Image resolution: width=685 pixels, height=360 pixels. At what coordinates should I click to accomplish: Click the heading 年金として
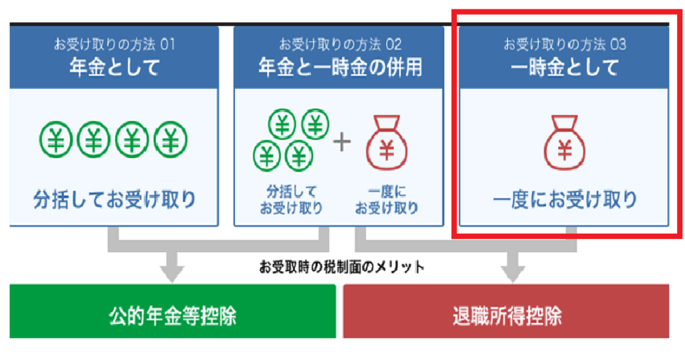[114, 68]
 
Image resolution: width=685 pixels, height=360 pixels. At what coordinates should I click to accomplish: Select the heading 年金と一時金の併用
[340, 68]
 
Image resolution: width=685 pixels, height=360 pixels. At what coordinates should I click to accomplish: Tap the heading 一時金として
[565, 68]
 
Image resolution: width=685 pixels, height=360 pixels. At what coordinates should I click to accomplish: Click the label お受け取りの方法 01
[114, 45]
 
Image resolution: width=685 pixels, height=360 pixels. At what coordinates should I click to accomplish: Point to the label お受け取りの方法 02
[340, 45]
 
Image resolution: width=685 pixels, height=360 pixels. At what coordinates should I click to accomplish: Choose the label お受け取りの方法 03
[565, 45]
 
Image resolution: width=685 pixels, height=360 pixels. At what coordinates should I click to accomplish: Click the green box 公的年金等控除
[173, 315]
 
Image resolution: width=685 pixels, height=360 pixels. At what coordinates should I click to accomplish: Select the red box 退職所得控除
[506, 315]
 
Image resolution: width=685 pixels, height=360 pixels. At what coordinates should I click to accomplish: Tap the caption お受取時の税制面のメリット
[341, 267]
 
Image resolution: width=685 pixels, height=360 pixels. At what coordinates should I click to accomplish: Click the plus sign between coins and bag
[342, 142]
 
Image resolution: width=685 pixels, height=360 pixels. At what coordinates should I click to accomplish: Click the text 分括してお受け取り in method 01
[114, 199]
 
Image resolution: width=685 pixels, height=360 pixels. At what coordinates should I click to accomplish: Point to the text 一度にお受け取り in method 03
[565, 199]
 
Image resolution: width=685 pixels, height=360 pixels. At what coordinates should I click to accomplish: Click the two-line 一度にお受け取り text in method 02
[387, 199]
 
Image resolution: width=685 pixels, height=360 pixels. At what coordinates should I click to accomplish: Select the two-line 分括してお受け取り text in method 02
[290, 199]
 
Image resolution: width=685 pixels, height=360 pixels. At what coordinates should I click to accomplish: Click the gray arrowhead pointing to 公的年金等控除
[173, 272]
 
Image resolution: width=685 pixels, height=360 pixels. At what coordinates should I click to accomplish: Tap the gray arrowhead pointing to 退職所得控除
[513, 272]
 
